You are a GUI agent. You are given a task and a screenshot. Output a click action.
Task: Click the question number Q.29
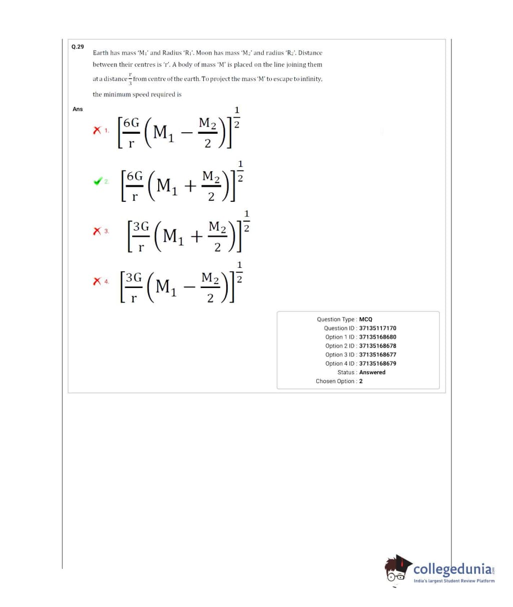point(78,47)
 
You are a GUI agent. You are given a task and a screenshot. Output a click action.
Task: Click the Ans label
point(78,109)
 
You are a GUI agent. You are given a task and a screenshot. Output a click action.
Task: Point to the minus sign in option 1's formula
point(186,133)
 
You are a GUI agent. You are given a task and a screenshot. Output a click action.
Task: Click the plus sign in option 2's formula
point(190,186)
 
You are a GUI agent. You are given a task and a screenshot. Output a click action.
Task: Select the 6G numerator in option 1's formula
point(131,123)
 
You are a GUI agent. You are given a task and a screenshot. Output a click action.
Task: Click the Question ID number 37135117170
point(377,328)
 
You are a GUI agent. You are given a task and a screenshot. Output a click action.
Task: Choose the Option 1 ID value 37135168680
point(377,337)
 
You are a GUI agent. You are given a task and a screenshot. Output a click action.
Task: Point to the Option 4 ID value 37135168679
point(377,364)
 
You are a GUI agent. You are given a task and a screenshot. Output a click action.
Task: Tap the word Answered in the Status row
point(372,372)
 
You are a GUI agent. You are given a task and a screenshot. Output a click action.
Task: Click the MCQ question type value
point(366,319)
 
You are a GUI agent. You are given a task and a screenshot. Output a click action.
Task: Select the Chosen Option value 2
point(361,381)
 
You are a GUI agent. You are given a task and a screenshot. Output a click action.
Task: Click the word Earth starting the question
point(100,53)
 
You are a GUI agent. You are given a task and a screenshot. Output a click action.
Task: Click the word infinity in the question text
point(311,79)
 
